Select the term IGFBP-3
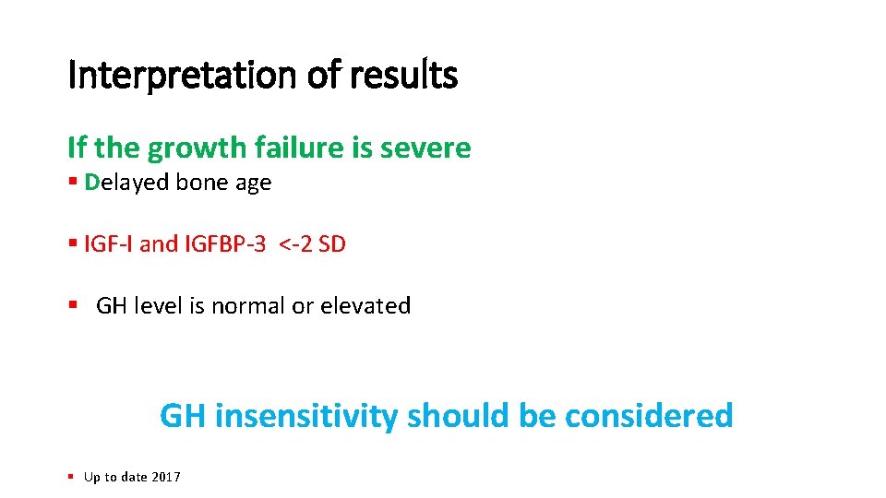point(224,244)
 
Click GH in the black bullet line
point(112,305)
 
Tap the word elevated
point(365,305)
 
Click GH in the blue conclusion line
point(183,416)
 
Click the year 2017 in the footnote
point(167,477)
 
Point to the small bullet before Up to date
point(70,477)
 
